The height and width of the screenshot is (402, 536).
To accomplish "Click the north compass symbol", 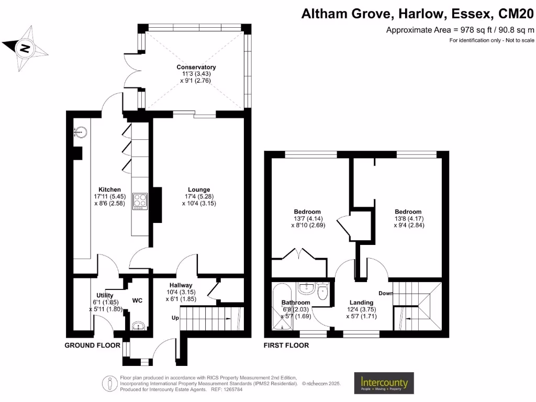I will point(25,49).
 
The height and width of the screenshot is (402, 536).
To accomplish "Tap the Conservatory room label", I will point(196,67).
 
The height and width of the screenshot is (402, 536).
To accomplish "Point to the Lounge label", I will point(199,189).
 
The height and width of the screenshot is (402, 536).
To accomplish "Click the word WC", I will point(138,300).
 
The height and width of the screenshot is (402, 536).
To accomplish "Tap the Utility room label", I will point(105,295).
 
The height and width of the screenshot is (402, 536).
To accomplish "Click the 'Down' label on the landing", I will point(386,293).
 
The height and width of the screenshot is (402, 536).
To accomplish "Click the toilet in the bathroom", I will point(322,291).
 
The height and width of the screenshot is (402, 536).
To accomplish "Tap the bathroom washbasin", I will point(305,287).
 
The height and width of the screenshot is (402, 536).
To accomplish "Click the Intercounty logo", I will point(384,384).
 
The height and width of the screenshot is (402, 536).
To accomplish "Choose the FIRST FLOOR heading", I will point(286,345).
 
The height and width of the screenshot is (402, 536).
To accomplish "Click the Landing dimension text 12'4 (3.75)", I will point(361,309).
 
